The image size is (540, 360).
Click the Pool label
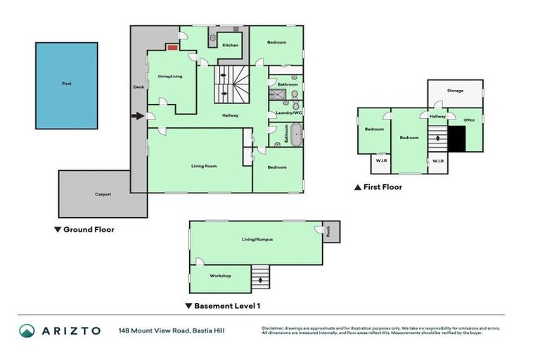[67, 84]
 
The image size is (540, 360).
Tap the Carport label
[103, 193]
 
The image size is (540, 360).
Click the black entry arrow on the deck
[138, 116]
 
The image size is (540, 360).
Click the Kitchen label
[231, 45]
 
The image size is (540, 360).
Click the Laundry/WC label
[288, 112]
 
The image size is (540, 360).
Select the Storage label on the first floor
[456, 91]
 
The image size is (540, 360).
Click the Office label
[470, 120]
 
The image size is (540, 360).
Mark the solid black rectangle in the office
[457, 139]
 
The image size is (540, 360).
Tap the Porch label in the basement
[328, 229]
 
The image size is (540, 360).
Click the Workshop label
[220, 276]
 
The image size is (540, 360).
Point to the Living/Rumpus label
[257, 240]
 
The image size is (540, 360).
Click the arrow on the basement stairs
[262, 280]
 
